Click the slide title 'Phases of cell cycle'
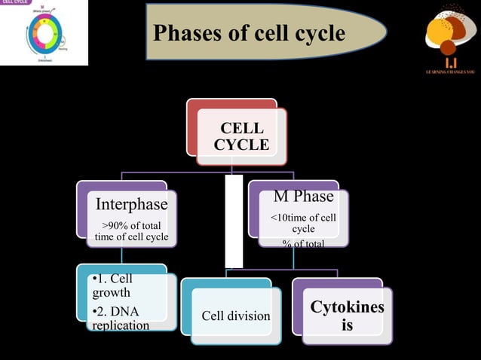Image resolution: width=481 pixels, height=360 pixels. (249, 33)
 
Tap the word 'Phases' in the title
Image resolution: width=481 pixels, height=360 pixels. (185, 33)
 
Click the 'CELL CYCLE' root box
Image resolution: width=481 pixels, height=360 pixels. (241, 136)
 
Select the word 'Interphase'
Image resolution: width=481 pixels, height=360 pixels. (131, 204)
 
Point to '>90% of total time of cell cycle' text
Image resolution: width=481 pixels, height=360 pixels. (131, 231)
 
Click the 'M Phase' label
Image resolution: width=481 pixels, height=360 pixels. (303, 197)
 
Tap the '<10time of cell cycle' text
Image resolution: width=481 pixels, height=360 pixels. (303, 223)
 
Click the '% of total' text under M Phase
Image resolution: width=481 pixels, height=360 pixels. (303, 243)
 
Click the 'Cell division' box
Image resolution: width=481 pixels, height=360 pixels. (235, 316)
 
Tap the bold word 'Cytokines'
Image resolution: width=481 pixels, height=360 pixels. (347, 307)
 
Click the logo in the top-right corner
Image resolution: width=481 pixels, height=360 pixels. (449, 34)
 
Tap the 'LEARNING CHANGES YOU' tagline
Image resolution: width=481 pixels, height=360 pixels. (449, 72)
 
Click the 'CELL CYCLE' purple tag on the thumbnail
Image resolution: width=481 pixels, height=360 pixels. (15, 3)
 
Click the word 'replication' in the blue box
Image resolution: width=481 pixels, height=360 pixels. (120, 325)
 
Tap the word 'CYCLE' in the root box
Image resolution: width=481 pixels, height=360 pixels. (241, 145)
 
